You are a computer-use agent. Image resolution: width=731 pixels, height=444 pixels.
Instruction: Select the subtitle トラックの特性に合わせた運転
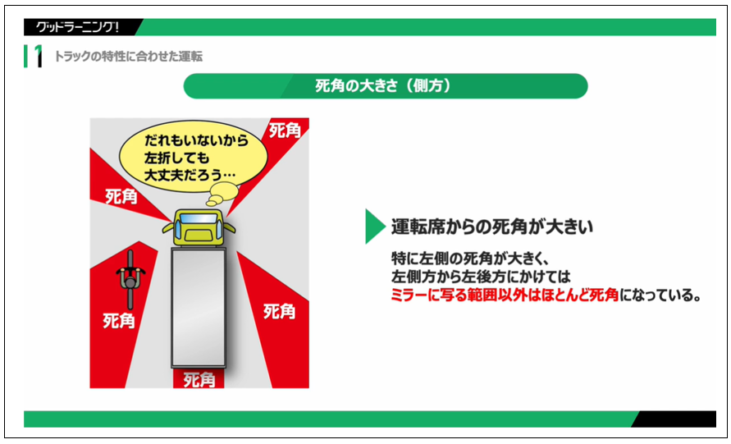pos(128,57)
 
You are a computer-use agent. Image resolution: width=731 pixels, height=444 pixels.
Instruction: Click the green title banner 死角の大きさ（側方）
pos(385,85)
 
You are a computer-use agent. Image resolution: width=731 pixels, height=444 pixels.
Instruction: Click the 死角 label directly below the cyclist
pos(120,320)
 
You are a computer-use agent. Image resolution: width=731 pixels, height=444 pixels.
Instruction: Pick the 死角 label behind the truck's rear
pos(199,380)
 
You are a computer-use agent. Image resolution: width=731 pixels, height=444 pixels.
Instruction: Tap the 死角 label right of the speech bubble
pos(283,130)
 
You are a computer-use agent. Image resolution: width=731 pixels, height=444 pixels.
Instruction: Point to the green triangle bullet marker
pos(375,226)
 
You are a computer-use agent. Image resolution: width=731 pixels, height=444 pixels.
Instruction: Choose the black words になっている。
pos(660,295)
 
